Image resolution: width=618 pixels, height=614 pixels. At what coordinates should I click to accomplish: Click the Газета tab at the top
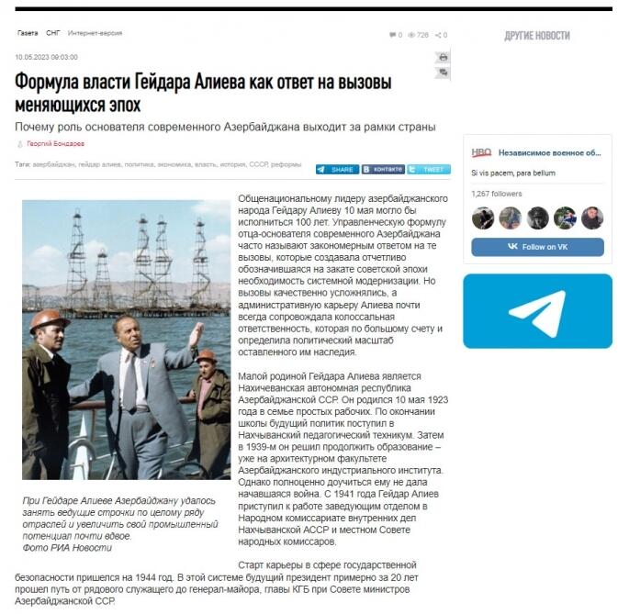click(x=28, y=34)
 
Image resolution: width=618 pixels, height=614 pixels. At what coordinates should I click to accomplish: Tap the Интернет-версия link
click(x=96, y=34)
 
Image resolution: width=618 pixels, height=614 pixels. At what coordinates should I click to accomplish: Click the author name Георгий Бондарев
click(x=54, y=144)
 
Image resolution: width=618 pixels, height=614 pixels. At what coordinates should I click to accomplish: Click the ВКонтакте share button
click(x=383, y=170)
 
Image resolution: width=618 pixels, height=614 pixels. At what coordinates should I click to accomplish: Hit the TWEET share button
click(x=429, y=170)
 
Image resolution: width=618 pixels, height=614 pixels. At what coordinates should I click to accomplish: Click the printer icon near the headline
click(x=443, y=58)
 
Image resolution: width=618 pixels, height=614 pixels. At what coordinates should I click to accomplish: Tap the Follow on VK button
click(x=537, y=246)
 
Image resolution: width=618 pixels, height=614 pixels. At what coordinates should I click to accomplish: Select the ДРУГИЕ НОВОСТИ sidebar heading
click(x=536, y=36)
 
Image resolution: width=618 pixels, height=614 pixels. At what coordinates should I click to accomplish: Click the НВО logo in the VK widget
click(x=482, y=153)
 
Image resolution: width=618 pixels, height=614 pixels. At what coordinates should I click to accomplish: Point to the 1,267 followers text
click(x=496, y=194)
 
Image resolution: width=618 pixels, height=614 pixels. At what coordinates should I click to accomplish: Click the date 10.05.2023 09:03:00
click(x=46, y=57)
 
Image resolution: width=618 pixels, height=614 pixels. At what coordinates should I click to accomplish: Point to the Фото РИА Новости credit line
click(x=67, y=548)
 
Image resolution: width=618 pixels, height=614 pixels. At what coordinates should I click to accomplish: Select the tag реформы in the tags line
click(x=287, y=165)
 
